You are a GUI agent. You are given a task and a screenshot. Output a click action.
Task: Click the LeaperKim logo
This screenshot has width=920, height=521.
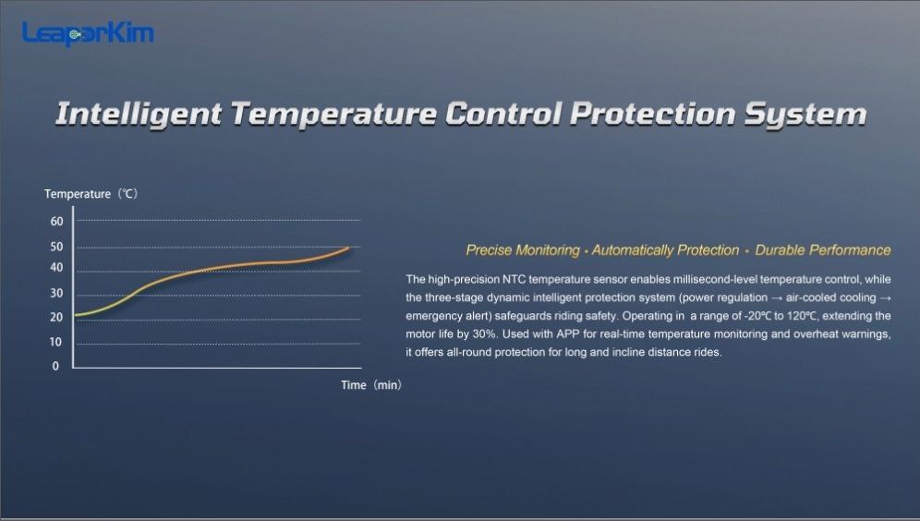[88, 33]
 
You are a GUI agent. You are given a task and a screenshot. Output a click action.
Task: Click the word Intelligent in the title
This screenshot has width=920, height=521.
[139, 115]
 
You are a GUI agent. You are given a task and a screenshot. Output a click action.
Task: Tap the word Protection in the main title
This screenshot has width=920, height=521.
[652, 114]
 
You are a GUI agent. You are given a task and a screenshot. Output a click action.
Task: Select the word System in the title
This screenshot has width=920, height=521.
[805, 115]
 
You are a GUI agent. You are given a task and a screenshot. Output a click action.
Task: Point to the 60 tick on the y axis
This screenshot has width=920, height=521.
[57, 221]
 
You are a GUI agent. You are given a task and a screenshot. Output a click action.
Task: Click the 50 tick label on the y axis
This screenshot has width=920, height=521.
[57, 247]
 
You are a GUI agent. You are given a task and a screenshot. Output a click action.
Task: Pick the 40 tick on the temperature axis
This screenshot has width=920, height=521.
[57, 268]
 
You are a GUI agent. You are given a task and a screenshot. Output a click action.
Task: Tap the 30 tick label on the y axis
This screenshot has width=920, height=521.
[57, 293]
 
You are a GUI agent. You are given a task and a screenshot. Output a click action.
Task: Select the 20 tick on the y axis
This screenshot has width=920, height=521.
[57, 317]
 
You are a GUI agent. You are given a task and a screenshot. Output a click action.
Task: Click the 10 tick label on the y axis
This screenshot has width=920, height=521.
[55, 342]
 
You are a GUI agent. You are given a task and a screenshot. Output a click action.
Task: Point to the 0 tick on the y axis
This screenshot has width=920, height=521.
[55, 366]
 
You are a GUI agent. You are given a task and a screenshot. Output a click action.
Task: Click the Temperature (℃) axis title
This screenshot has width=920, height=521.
[91, 194]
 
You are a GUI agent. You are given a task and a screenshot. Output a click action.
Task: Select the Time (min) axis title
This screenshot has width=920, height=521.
[371, 385]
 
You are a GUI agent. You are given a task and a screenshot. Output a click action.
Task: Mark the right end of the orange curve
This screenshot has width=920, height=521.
[349, 248]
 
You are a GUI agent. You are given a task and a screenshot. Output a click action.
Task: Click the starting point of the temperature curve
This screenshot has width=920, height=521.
[75, 316]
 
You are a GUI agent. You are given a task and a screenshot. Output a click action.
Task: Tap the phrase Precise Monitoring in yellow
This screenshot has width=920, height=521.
[523, 250]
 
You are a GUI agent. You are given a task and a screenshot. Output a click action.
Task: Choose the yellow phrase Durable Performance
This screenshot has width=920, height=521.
[823, 250]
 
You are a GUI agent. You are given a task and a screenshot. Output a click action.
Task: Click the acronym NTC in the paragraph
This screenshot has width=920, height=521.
[514, 279]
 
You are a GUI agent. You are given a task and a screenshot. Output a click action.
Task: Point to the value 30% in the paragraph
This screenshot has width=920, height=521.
[485, 333]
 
